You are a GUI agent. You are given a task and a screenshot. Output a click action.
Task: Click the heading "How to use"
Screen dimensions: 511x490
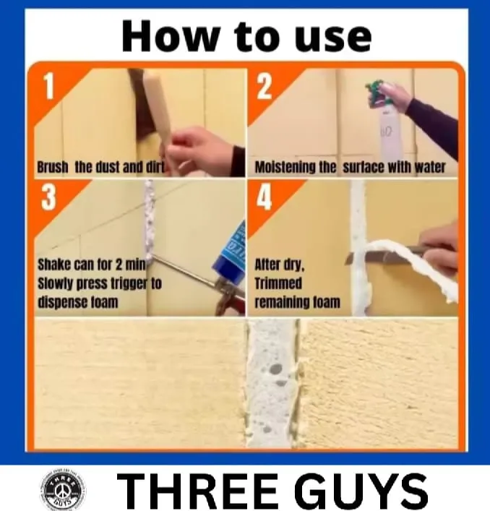[246, 36]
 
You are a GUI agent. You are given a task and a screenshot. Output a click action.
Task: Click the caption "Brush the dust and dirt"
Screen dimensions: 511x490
[100, 168]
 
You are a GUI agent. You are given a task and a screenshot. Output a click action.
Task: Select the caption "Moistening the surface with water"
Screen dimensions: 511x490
[350, 168]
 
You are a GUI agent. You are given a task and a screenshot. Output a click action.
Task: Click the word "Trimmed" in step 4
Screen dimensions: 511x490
[278, 283]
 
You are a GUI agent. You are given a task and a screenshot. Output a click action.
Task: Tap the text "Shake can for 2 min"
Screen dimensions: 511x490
[92, 265]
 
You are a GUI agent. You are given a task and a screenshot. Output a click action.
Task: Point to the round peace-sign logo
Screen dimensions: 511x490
[61, 491]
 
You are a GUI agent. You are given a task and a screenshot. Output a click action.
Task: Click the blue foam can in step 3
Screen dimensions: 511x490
[230, 253]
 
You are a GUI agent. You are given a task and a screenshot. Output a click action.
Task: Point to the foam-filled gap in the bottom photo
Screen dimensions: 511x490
[272, 383]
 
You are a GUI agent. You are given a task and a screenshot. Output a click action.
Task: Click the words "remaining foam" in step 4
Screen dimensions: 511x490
[296, 301]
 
